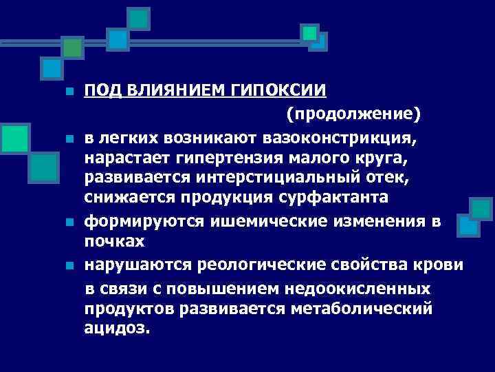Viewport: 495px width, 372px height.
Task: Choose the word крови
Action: pyautogui.click(x=440, y=266)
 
